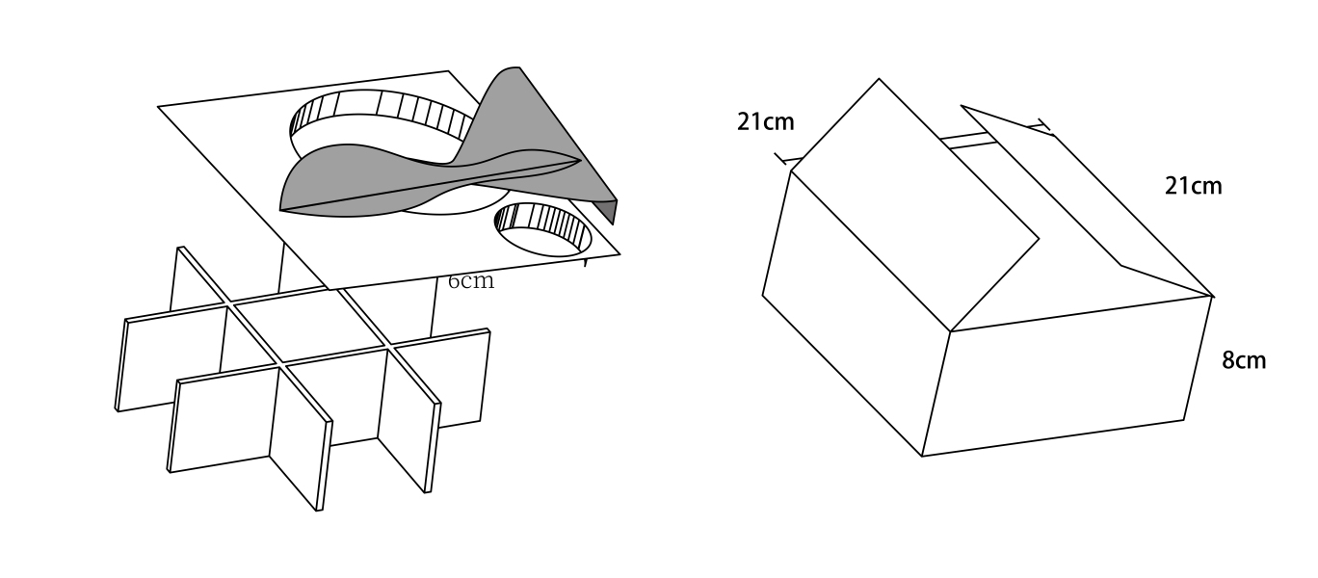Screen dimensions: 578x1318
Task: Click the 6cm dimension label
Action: [x=470, y=281]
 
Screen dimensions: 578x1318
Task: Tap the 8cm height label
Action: [x=1244, y=360]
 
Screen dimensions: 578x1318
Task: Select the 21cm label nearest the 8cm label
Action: [x=1193, y=186]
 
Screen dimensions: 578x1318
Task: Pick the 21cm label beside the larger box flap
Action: [x=766, y=121]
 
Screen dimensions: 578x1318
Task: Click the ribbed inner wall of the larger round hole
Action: [x=385, y=106]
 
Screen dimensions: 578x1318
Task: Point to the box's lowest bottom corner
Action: [x=922, y=456]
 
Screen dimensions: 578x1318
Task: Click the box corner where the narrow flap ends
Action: [x=1212, y=296]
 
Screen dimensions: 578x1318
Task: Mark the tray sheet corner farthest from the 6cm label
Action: [x=159, y=107]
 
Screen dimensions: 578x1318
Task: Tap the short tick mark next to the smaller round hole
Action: [x=586, y=262]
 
